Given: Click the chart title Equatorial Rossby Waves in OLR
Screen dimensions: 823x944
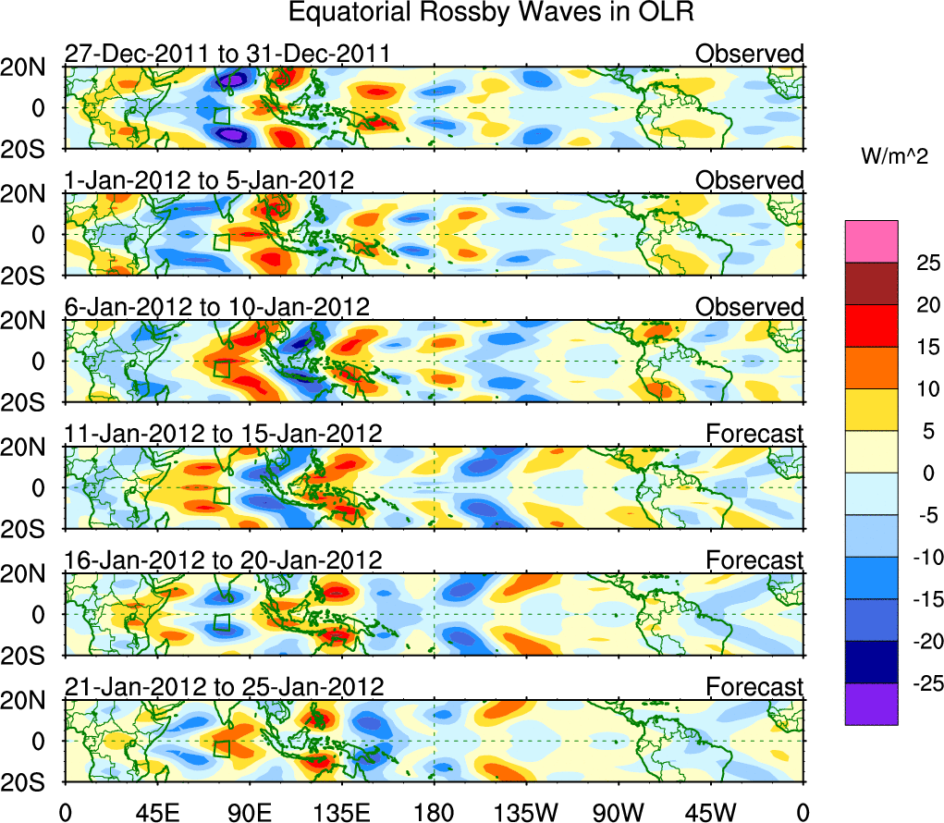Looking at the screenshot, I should pyautogui.click(x=490, y=13).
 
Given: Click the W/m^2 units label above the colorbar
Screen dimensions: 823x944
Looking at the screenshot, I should pyautogui.click(x=893, y=157).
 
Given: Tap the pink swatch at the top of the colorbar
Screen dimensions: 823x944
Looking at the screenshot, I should pyautogui.click(x=871, y=241).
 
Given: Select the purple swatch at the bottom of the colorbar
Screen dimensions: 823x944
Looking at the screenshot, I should pyautogui.click(x=871, y=704).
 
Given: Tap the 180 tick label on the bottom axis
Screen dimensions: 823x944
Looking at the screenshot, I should pyautogui.click(x=435, y=813).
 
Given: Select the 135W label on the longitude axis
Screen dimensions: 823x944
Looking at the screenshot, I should pyautogui.click(x=527, y=813).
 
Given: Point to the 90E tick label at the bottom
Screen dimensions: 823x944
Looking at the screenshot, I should pyautogui.click(x=250, y=813).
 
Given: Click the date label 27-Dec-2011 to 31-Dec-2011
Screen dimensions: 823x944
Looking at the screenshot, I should pyautogui.click(x=227, y=54).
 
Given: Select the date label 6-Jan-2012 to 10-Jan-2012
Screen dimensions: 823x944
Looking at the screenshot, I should pyautogui.click(x=216, y=306).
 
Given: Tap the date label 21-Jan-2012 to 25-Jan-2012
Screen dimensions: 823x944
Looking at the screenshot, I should pyautogui.click(x=223, y=687).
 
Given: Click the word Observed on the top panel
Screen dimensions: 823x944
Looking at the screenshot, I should pyautogui.click(x=750, y=54).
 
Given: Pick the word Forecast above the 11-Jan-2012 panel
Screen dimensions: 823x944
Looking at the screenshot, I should pyautogui.click(x=754, y=433).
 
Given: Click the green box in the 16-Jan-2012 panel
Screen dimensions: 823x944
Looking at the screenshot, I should pyautogui.click(x=222, y=620).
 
